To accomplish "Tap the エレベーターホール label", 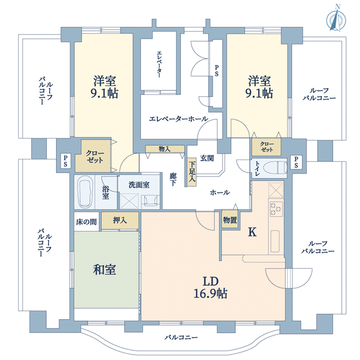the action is pyautogui.click(x=179, y=119).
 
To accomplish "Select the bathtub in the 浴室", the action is pyautogui.click(x=84, y=192).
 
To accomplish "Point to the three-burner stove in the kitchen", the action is pyautogui.click(x=276, y=209).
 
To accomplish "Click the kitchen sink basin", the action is pyautogui.click(x=275, y=241).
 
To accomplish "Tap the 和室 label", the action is pyautogui.click(x=104, y=269).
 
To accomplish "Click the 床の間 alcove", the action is pyautogui.click(x=86, y=221).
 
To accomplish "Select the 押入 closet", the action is pyautogui.click(x=120, y=221).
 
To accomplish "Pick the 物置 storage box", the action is pyautogui.click(x=230, y=221).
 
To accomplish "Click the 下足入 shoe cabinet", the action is pyautogui.click(x=192, y=172).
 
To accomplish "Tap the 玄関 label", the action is pyautogui.click(x=207, y=158).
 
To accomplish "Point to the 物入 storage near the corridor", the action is pyautogui.click(x=165, y=149).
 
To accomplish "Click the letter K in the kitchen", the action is pyautogui.click(x=252, y=232).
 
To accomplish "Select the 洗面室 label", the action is pyautogui.click(x=139, y=185).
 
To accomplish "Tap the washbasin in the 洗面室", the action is pyautogui.click(x=151, y=199).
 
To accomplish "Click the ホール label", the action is pyautogui.click(x=220, y=192).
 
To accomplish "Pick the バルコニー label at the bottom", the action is pyautogui.click(x=181, y=337).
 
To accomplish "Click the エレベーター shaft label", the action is pyautogui.click(x=159, y=64).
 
